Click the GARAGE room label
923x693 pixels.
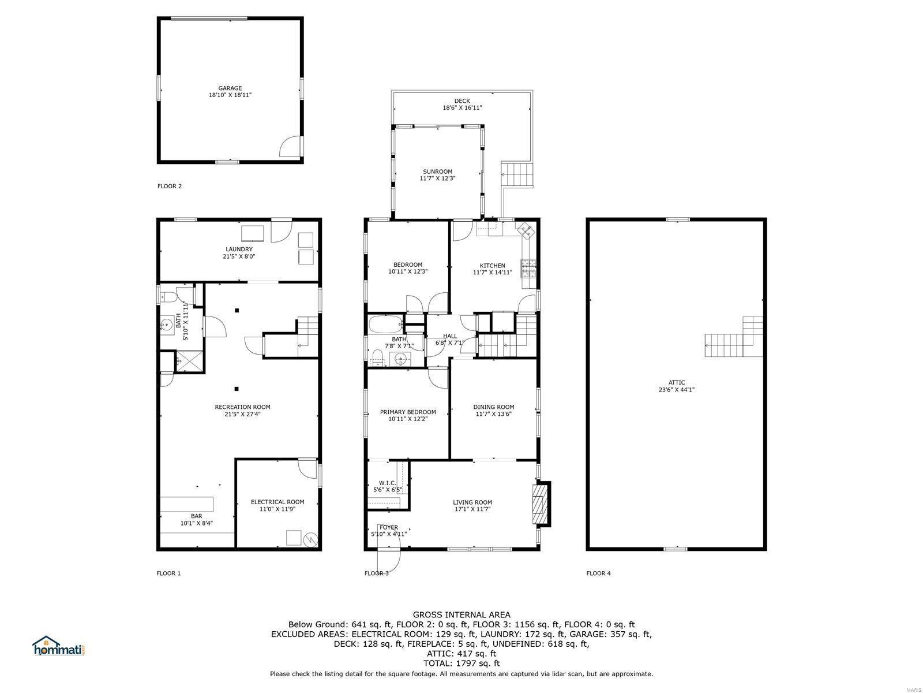230,88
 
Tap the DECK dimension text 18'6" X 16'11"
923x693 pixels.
462,108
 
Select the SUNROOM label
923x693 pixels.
438,172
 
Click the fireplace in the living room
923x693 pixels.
541,504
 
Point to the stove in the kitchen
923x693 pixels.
528,269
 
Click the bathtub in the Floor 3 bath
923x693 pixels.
385,325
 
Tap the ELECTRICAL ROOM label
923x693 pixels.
277,502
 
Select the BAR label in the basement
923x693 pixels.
196,516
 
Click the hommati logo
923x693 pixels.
59,646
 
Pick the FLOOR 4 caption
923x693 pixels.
598,573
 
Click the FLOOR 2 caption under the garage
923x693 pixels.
170,186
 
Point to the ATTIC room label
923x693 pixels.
677,382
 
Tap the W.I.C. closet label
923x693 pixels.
387,483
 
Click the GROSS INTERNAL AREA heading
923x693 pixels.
461,614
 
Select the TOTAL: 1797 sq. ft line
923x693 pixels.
461,664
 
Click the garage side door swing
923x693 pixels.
291,147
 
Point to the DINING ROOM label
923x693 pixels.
494,407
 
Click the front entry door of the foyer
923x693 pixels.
389,560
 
